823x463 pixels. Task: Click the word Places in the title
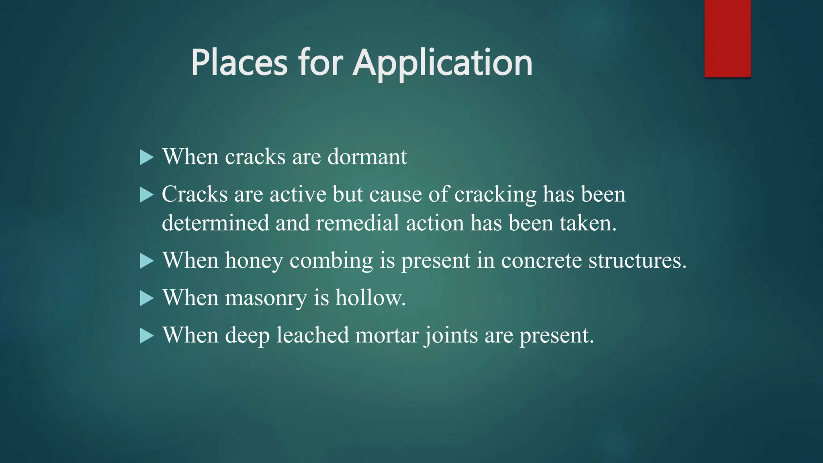coord(239,63)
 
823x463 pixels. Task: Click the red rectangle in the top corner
coord(727,38)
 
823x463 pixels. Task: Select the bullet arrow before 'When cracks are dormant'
coord(147,157)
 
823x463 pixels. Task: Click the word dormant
coord(367,156)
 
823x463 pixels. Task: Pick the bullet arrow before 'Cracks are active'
coord(147,195)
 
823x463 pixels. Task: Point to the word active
coord(298,194)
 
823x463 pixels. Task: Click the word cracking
coord(495,195)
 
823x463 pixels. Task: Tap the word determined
coord(215,223)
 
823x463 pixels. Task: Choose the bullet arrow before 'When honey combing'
coord(147,261)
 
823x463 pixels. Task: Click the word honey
coord(254,261)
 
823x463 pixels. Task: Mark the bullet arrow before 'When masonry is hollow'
coord(147,298)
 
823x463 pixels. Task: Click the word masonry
coord(266,298)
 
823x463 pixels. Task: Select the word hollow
coord(370,297)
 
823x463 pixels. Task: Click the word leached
coord(313,335)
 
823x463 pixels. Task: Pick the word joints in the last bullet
coord(451,336)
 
